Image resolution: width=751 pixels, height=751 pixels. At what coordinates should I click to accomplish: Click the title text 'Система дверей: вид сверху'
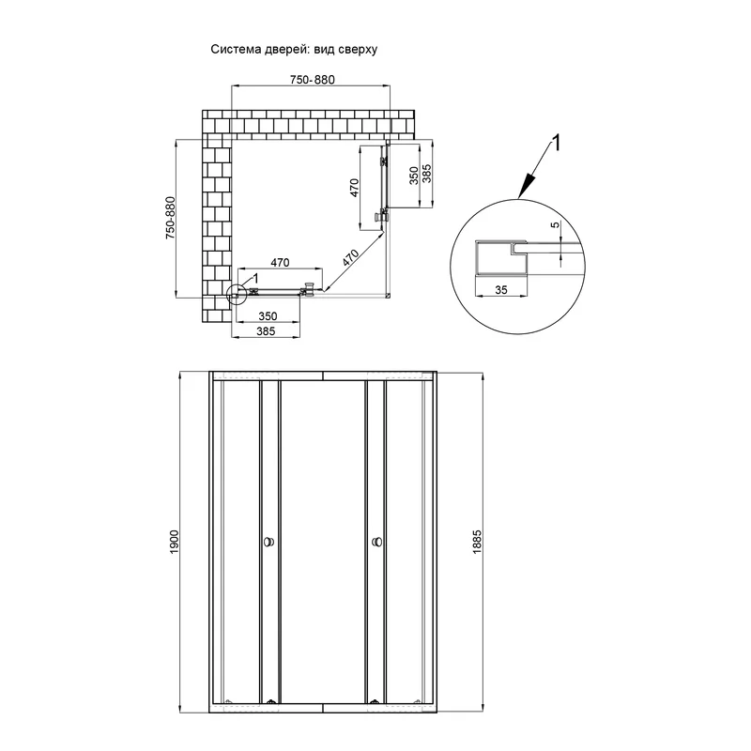tap(294, 50)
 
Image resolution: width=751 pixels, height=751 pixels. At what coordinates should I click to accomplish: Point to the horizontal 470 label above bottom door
tap(280, 263)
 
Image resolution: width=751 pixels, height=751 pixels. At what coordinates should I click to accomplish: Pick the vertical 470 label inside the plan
tap(354, 188)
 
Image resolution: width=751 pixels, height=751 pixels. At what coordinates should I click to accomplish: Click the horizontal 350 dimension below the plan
tap(268, 316)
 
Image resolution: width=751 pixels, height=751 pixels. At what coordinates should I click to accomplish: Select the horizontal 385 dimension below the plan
tap(266, 331)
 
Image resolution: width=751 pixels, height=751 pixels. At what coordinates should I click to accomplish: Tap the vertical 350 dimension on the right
tap(414, 176)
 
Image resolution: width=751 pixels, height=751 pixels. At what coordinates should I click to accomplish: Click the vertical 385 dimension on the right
tap(427, 174)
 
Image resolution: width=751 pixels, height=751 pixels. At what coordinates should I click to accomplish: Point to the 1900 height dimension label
tap(174, 543)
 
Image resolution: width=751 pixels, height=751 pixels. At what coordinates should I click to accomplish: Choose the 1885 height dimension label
tap(477, 543)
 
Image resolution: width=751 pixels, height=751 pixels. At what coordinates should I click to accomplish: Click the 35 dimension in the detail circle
tap(501, 290)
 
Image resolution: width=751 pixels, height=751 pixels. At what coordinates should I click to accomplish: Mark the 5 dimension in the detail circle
tap(555, 224)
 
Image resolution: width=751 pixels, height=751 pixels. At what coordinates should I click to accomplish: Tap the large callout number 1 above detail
tap(556, 143)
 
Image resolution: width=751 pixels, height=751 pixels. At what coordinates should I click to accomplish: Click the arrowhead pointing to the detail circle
tap(527, 187)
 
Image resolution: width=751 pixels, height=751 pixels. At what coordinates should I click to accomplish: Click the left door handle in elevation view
tap(269, 543)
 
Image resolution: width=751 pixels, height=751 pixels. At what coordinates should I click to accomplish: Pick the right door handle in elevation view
tap(377, 543)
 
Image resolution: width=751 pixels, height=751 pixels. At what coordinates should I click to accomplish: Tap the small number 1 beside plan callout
tap(255, 278)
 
